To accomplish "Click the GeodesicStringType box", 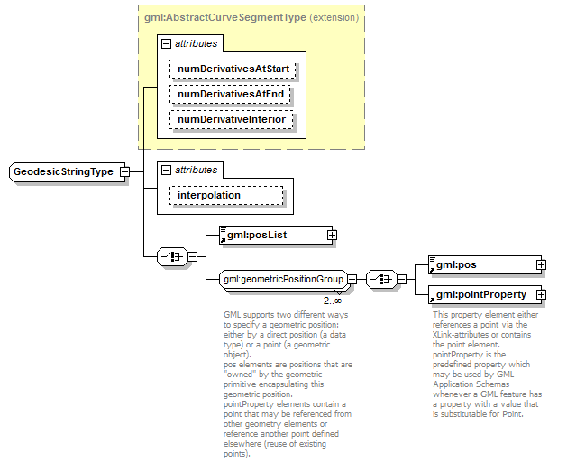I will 63,172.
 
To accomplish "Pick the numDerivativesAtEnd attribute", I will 232,94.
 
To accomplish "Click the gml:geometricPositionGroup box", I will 283,280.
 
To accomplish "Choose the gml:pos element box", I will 481,264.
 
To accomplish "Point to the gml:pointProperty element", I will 481,294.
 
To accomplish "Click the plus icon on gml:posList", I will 332,236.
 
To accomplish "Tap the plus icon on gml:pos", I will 541,264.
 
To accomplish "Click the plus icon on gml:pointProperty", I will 541,294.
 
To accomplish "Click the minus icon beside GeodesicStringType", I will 125,172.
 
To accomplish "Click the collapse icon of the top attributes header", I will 166,43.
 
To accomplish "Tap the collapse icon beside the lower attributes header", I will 166,170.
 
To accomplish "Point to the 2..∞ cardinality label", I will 333,301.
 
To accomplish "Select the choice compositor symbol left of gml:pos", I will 382,280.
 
